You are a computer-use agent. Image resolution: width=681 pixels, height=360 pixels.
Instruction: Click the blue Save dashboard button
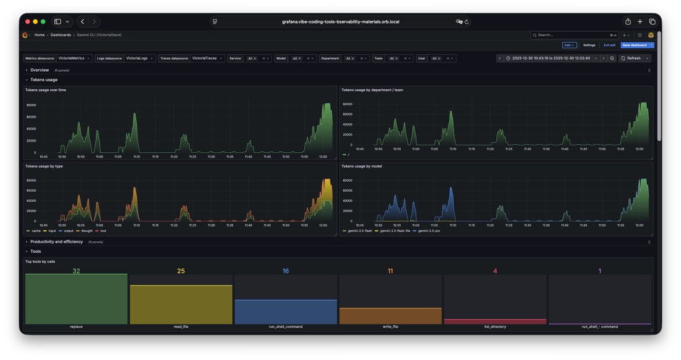point(634,45)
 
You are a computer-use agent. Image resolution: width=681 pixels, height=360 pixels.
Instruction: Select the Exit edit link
point(609,45)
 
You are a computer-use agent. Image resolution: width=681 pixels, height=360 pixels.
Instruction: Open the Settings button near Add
point(589,45)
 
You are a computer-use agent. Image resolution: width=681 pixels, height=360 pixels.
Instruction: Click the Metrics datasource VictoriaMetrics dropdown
point(75,58)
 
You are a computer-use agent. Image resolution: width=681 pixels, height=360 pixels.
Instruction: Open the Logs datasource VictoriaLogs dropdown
point(140,58)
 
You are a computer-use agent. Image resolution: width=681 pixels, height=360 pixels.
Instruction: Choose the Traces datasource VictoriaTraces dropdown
point(207,58)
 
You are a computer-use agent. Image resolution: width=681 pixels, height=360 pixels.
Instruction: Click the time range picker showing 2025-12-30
point(552,58)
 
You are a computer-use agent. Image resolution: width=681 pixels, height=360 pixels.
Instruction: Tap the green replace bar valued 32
point(76,299)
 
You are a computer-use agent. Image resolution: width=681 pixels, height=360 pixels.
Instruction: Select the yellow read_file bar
point(181,305)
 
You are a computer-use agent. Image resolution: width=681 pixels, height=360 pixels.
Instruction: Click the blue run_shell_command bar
point(286,312)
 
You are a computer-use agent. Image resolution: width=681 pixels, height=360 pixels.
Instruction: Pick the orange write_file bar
point(390,316)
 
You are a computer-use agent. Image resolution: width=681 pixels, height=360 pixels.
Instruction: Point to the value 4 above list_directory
point(495,271)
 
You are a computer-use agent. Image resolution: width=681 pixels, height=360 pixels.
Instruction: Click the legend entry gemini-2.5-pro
point(429,231)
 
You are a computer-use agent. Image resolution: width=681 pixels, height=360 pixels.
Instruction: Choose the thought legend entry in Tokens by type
point(86,231)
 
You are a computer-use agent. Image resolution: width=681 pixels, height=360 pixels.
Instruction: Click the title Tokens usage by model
point(361,166)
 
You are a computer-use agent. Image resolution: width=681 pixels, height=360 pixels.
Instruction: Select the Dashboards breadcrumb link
point(60,35)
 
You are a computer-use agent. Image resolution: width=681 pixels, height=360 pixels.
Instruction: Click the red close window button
point(27,21)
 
